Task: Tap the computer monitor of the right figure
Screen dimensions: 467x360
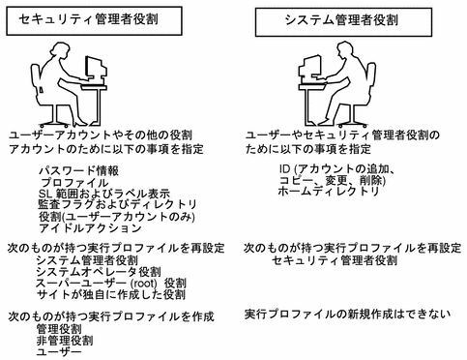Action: [x=310, y=68]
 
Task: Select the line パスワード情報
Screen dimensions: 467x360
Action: [x=78, y=170]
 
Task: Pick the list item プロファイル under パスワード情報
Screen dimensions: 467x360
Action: [x=74, y=183]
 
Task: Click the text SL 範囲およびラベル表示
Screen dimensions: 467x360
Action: [x=104, y=194]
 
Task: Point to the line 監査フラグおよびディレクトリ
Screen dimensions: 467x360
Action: [x=117, y=204]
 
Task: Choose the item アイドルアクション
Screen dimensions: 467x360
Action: [x=90, y=228]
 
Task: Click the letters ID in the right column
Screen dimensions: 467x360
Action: [x=285, y=168]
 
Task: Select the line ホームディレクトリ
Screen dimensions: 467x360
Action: [x=329, y=192]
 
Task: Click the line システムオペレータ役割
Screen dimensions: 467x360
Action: [x=99, y=272]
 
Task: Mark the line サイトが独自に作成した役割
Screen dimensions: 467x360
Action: [x=110, y=294]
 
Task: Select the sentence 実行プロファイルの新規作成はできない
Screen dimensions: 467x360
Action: [x=347, y=314]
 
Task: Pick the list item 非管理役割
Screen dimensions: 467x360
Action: [x=65, y=341]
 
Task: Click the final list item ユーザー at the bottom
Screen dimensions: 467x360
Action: [x=59, y=352]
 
